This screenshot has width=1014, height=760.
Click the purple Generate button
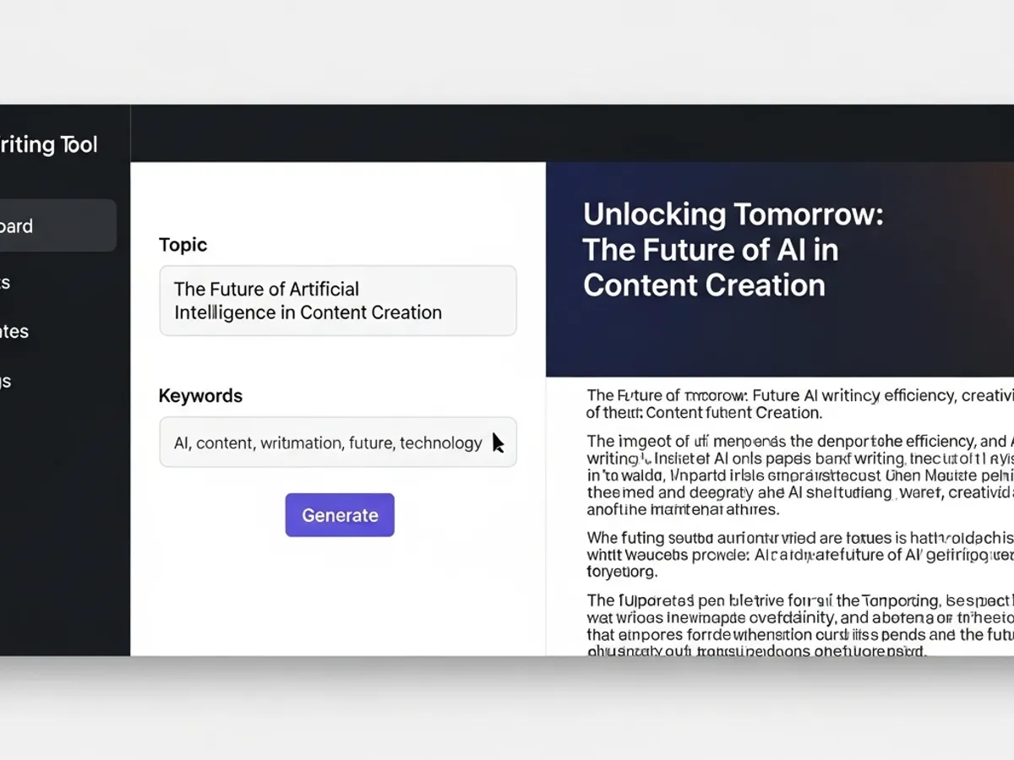coord(340,515)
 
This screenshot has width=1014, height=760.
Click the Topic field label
coord(183,245)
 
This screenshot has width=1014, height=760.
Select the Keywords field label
coord(200,395)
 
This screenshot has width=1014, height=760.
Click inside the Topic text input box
coord(337,301)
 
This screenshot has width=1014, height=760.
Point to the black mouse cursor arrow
coord(498,443)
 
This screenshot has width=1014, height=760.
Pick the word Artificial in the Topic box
coord(318,289)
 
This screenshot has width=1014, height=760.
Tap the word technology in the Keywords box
coord(440,442)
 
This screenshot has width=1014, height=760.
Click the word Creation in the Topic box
coord(404,312)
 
